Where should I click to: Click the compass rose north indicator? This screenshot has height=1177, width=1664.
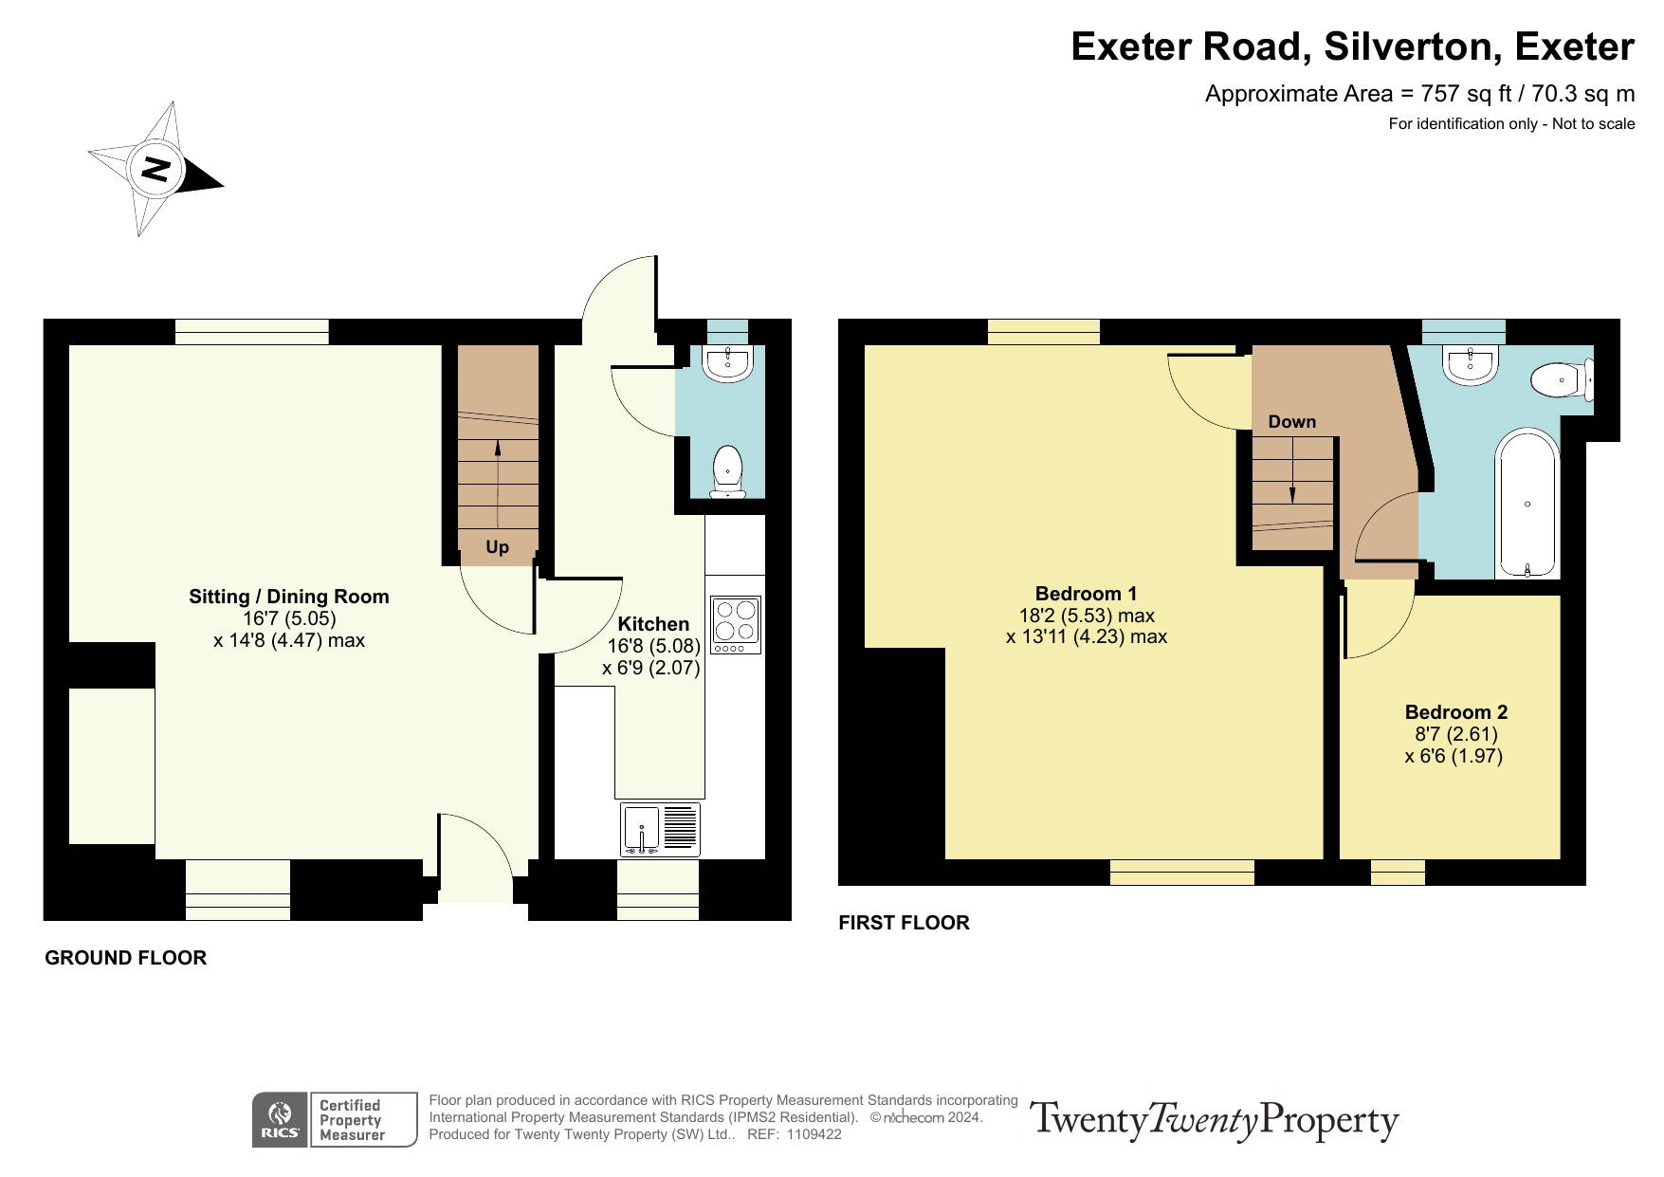(x=155, y=169)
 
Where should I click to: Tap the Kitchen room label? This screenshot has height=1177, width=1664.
(x=653, y=624)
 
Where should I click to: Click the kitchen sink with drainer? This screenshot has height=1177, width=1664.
(x=661, y=830)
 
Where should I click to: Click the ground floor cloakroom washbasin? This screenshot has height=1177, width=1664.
(x=728, y=361)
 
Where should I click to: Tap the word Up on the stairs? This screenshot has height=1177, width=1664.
(x=497, y=547)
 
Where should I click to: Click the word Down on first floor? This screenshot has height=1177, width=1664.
(x=1292, y=422)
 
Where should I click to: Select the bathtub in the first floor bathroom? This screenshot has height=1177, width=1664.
(x=1527, y=504)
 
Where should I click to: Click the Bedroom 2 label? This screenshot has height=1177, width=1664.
(x=1456, y=712)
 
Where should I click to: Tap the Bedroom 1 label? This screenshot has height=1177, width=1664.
(x=1086, y=594)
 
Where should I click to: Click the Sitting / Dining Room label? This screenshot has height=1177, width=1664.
(x=289, y=597)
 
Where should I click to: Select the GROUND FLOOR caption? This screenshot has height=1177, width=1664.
(x=126, y=958)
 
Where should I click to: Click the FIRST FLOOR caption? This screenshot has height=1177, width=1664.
(x=905, y=923)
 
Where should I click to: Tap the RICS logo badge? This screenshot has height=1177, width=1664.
(x=280, y=1120)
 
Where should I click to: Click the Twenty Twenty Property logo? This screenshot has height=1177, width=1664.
(x=1215, y=1120)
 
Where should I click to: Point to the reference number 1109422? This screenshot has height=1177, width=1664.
(x=815, y=1134)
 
